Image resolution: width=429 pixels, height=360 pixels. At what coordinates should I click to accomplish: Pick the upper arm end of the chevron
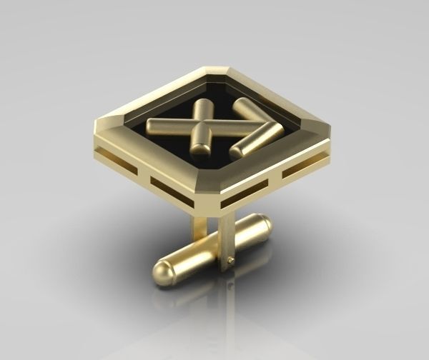(x=239, y=105)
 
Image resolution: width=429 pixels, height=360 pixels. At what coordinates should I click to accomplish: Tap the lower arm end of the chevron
(x=237, y=151)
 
